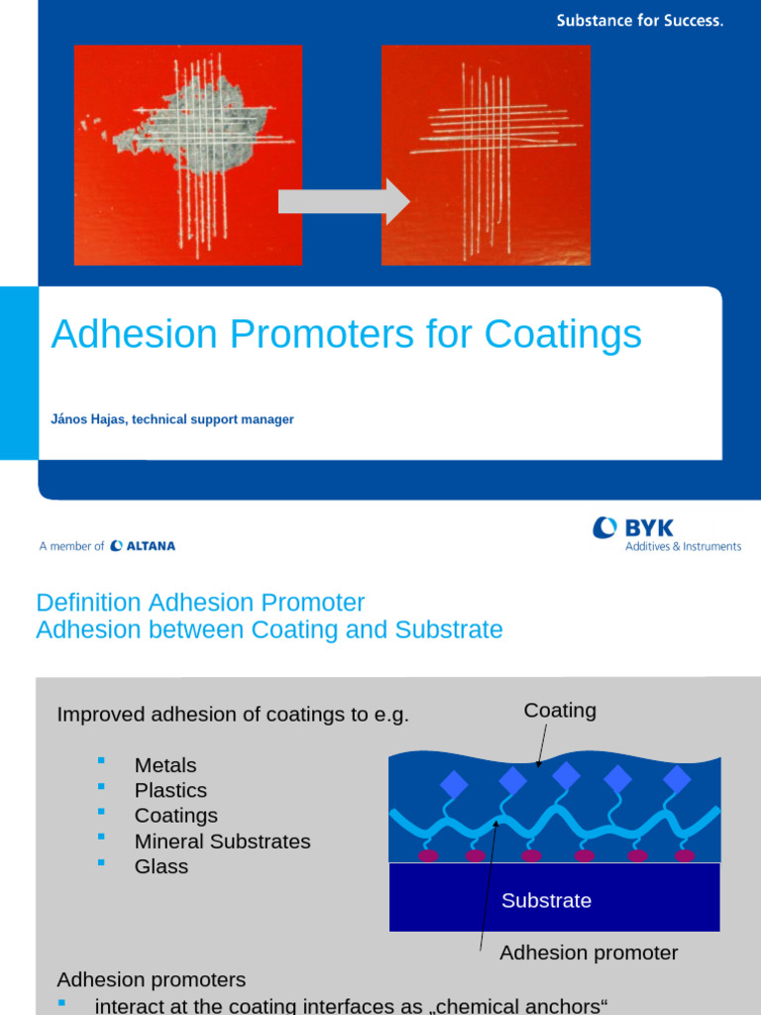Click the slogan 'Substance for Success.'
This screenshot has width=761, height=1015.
(x=639, y=20)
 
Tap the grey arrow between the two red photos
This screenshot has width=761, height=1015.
(x=343, y=201)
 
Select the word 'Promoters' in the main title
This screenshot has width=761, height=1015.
(x=317, y=335)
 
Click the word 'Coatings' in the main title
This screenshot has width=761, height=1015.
(x=563, y=335)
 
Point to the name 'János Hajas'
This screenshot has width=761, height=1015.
(x=87, y=419)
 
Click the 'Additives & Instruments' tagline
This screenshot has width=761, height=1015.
(x=683, y=546)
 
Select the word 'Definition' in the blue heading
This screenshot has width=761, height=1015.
(x=88, y=603)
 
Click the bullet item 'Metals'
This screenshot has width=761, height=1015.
(x=165, y=765)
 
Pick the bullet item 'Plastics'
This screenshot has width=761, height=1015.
(x=170, y=790)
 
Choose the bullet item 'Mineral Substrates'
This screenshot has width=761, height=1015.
(x=222, y=842)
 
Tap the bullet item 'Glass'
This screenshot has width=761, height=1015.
(x=162, y=866)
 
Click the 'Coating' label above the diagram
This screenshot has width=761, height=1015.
(x=560, y=711)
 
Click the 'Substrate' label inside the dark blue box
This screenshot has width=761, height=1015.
(x=546, y=900)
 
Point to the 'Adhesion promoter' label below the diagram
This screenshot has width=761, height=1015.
(x=589, y=953)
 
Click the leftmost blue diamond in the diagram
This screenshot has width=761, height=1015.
(x=453, y=785)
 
